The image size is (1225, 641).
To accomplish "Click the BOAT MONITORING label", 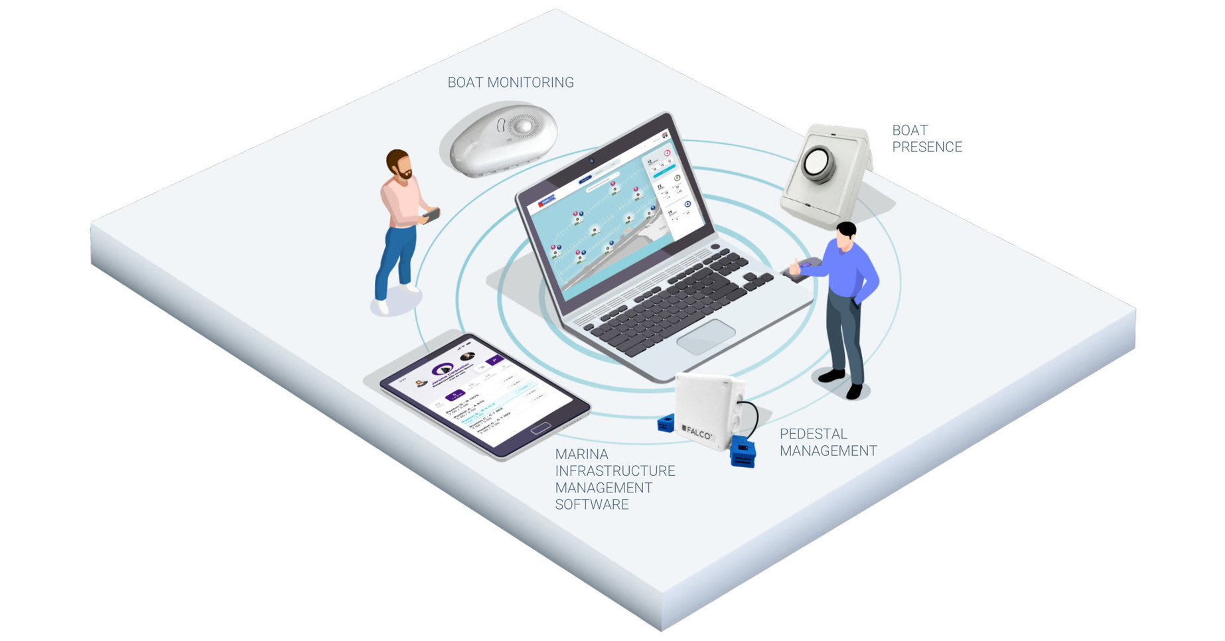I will (x=510, y=82).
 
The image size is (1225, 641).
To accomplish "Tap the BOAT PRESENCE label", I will (x=926, y=139).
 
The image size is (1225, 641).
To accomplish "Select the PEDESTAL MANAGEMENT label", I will (x=828, y=443).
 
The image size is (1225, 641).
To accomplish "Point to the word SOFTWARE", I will (x=592, y=504).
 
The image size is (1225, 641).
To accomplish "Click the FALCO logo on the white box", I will (x=697, y=432).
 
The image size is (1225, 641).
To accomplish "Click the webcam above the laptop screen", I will (x=592, y=161).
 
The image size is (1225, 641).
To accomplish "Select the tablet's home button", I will (x=541, y=428).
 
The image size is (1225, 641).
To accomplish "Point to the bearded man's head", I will (x=399, y=164).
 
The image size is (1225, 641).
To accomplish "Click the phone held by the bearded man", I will (x=432, y=215).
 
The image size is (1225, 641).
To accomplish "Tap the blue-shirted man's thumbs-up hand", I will (x=795, y=267).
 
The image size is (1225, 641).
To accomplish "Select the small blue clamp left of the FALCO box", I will (x=666, y=423).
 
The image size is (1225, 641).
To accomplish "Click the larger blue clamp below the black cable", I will (x=743, y=453).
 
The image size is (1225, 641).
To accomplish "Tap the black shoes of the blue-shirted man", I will (x=842, y=384).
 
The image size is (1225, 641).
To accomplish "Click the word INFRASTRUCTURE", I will (x=614, y=471).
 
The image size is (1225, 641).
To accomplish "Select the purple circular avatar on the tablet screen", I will (x=442, y=370).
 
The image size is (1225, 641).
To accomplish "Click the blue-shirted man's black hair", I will (x=846, y=230).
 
